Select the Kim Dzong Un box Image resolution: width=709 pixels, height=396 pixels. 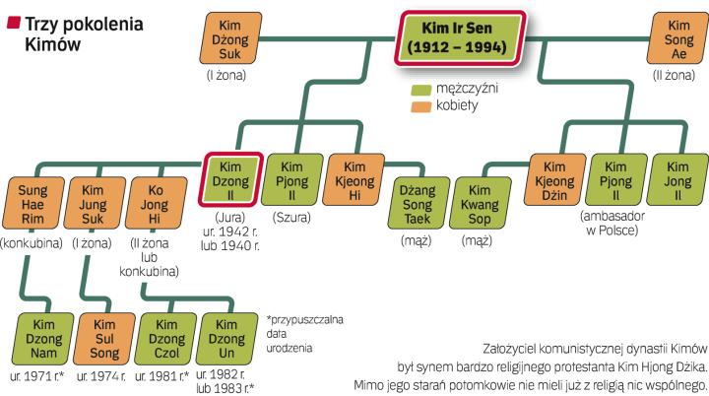coord(226,338)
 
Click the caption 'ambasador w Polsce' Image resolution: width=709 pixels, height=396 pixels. coord(613,224)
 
